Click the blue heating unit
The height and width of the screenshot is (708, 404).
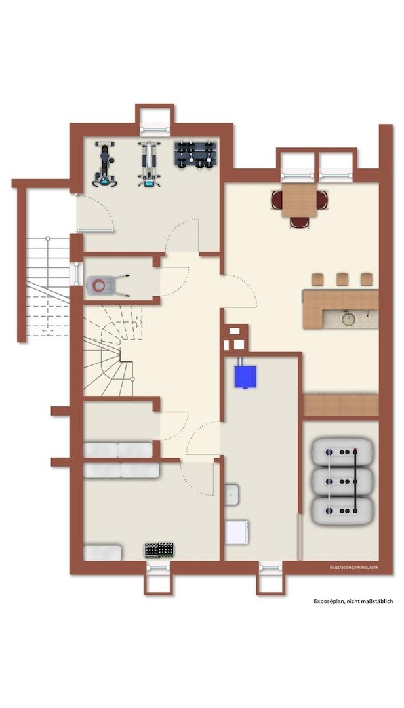click(x=245, y=376)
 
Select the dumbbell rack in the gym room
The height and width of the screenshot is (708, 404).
click(x=195, y=155)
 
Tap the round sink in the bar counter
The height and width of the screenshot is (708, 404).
click(x=348, y=319)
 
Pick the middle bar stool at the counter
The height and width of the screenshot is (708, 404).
click(x=342, y=279)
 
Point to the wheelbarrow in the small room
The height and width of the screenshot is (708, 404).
click(x=107, y=285)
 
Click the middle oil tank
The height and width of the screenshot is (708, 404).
click(x=342, y=482)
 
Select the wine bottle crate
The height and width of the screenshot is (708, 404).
click(x=159, y=550)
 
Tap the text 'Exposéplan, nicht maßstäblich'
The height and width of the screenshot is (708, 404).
click(x=353, y=601)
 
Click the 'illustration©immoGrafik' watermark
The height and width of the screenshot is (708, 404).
click(x=353, y=567)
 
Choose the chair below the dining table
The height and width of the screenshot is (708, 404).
click(x=299, y=222)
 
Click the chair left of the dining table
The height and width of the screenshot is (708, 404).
click(x=277, y=200)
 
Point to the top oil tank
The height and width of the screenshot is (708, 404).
click(x=342, y=452)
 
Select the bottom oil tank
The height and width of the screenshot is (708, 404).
click(x=342, y=511)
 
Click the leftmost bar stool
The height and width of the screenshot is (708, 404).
click(x=317, y=279)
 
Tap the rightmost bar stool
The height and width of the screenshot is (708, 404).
click(x=367, y=279)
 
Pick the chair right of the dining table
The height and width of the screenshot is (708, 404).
click(x=322, y=200)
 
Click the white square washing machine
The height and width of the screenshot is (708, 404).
click(x=237, y=532)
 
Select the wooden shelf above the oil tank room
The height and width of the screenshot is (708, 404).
click(x=341, y=406)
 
